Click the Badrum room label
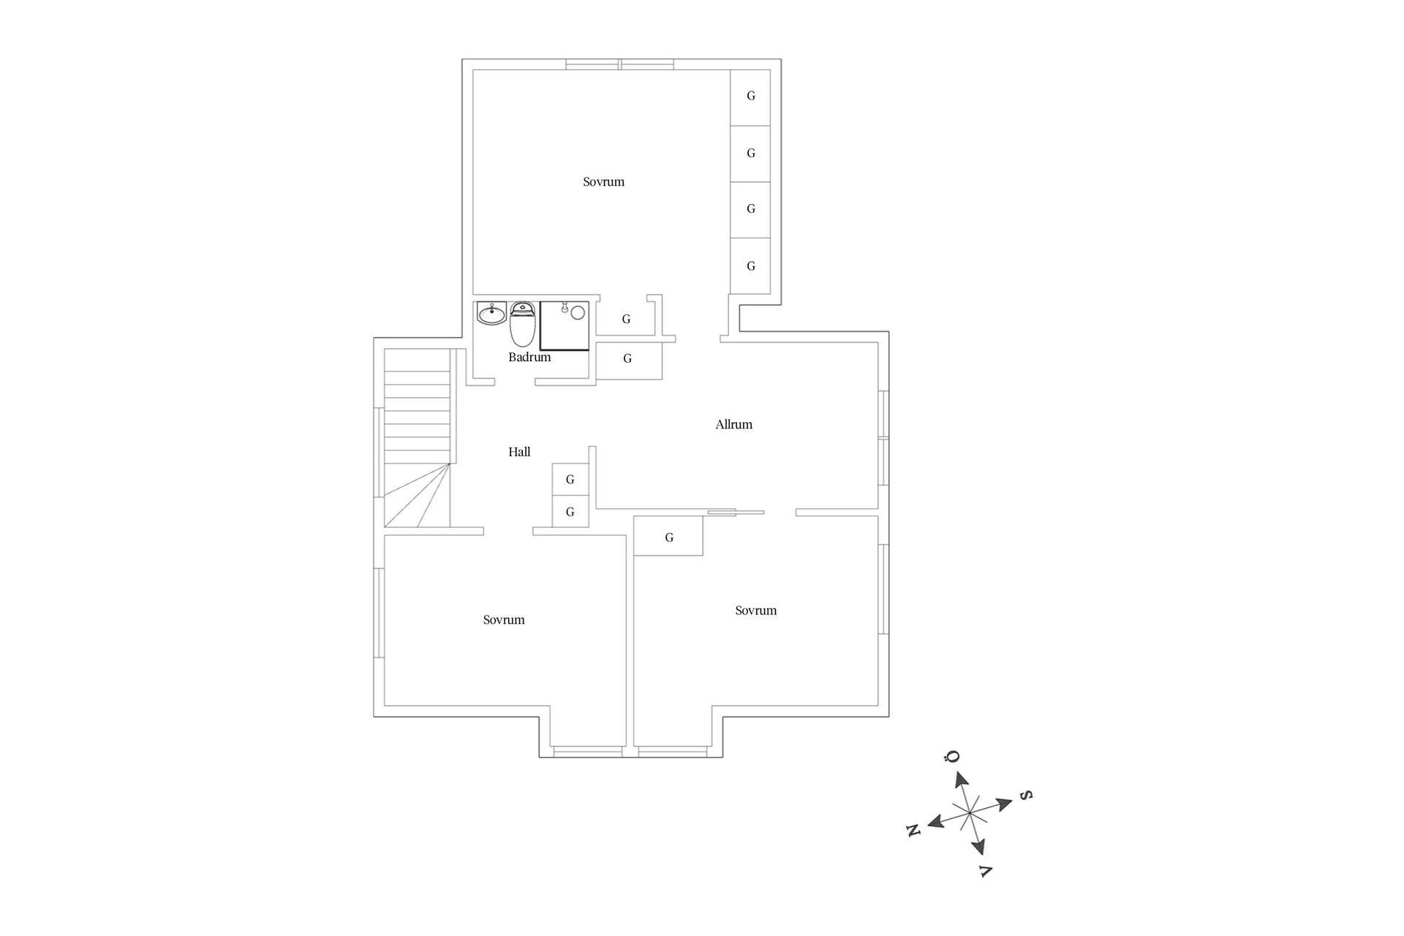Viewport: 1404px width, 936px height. [x=529, y=358]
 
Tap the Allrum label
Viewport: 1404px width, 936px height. [x=733, y=424]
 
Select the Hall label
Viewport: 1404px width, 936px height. [x=519, y=452]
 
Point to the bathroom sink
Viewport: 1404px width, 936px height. [x=491, y=314]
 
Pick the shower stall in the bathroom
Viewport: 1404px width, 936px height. [x=565, y=326]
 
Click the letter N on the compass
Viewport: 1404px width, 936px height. [x=913, y=830]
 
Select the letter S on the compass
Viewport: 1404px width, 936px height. [x=1026, y=795]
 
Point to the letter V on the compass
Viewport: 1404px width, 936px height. [x=985, y=870]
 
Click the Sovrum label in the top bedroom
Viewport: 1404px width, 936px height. [x=603, y=182]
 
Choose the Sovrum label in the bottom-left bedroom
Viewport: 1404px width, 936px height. [x=504, y=620]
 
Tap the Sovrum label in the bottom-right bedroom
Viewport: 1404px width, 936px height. [x=756, y=611]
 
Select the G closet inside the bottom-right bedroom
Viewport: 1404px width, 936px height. [x=668, y=536]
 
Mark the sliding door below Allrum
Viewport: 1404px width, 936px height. [x=736, y=513]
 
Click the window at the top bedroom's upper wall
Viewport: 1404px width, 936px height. [x=620, y=64]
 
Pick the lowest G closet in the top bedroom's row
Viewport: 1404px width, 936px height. [x=750, y=265]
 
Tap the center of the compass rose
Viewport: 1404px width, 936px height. [x=969, y=813]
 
